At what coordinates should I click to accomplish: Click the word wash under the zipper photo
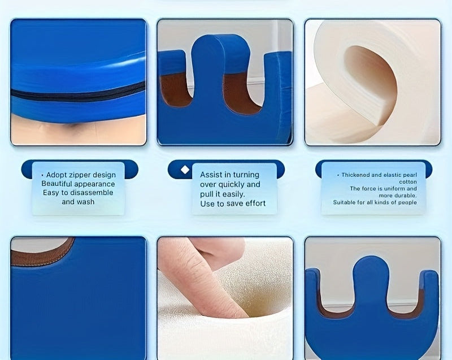click(x=86, y=202)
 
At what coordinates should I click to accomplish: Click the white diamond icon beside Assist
click(x=185, y=170)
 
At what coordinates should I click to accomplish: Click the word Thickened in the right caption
click(x=355, y=175)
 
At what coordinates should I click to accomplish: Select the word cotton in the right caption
click(x=408, y=182)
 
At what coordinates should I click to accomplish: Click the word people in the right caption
click(x=407, y=202)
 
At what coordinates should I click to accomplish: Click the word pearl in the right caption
click(x=410, y=175)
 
